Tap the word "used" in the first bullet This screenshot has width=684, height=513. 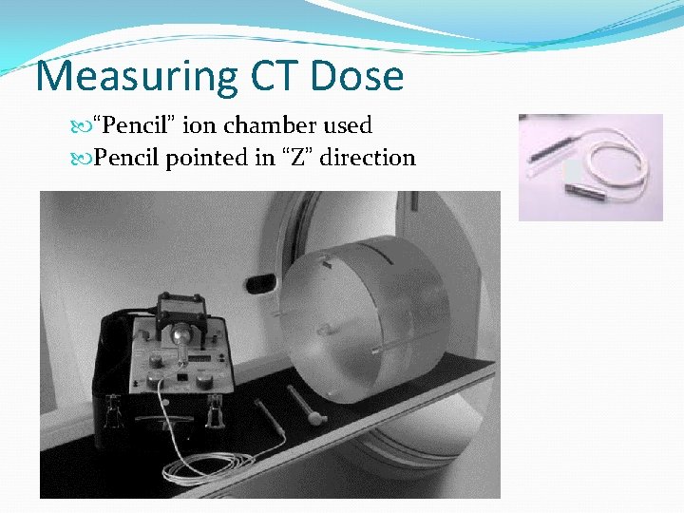[x=346, y=124]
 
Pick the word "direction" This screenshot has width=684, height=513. [x=368, y=157]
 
